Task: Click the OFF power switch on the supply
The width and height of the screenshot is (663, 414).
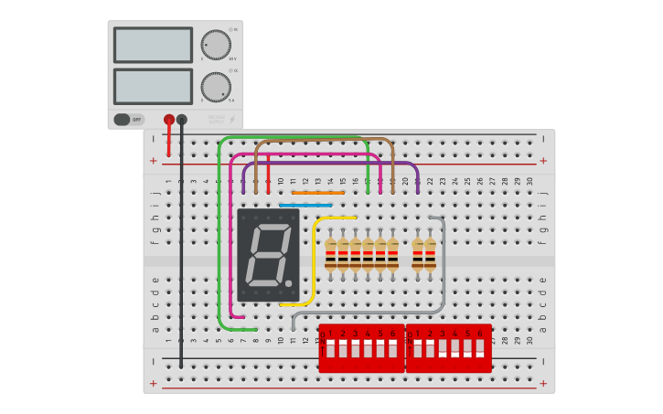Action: tap(129, 119)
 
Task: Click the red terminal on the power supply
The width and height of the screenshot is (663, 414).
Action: tap(169, 119)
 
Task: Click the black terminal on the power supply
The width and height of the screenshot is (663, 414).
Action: tap(182, 119)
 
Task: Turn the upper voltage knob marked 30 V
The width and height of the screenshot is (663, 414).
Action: tap(216, 44)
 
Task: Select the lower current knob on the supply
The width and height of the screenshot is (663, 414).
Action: tap(216, 87)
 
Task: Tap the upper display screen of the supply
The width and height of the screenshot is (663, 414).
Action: tap(153, 45)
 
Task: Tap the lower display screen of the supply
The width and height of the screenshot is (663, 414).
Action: tap(153, 86)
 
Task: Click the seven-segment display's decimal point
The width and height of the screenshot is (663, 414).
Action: tap(289, 284)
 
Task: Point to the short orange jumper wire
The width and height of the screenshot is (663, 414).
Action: tap(317, 193)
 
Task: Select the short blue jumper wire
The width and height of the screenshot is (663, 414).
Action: tap(305, 205)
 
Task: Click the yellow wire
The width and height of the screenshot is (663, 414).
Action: tap(314, 265)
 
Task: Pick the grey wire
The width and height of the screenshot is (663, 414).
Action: tap(443, 274)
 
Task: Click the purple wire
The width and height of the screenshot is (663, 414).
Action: tap(329, 165)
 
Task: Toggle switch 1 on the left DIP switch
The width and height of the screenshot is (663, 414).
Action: tap(330, 348)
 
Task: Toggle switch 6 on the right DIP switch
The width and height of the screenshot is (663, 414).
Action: tap(479, 348)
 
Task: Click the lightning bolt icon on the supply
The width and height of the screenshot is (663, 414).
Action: tap(231, 119)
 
